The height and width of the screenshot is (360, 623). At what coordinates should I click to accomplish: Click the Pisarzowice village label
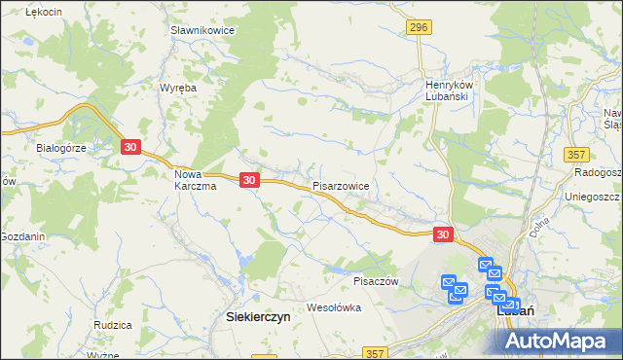click(341, 184)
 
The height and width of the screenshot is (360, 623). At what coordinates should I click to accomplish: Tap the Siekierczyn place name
click(258, 316)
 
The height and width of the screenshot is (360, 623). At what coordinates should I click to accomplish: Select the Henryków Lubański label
click(448, 90)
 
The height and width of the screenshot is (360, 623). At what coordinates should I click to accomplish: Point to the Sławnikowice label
click(202, 31)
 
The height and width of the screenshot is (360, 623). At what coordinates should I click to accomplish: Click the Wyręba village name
click(178, 87)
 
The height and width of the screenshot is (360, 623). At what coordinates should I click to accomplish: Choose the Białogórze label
click(62, 148)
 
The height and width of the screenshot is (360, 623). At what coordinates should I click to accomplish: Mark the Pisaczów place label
click(377, 281)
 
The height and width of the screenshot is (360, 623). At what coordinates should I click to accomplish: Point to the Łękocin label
click(44, 11)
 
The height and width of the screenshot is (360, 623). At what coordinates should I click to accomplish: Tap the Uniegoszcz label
click(593, 196)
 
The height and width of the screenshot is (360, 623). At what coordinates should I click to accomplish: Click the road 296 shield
click(419, 28)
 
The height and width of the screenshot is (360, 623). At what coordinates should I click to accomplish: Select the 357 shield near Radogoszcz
click(576, 155)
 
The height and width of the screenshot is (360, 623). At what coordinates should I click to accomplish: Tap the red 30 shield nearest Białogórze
click(131, 146)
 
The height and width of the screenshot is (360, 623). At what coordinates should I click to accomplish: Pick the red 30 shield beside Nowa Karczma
click(250, 180)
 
